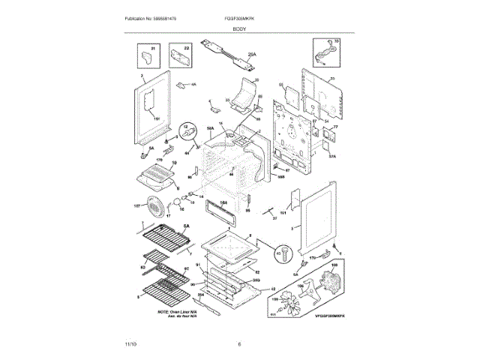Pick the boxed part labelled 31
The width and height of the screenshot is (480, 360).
tap(148, 55)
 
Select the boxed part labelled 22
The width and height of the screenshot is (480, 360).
tap(175, 56)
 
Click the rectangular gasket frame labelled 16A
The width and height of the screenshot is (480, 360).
tap(223, 208)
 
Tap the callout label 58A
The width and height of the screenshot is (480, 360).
tap(211, 130)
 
